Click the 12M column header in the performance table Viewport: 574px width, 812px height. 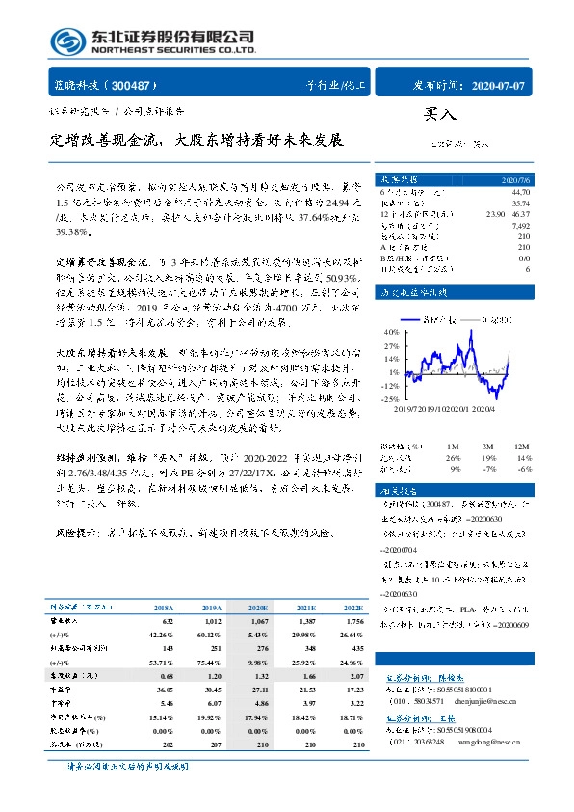[520, 446]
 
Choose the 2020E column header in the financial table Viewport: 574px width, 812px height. [258, 608]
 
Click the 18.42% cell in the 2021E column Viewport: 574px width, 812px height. [304, 717]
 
